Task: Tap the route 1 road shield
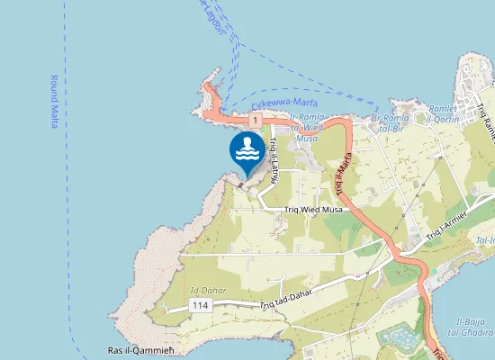256,119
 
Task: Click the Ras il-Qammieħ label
139,350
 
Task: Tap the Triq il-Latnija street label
275,161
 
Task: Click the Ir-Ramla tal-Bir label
391,122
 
